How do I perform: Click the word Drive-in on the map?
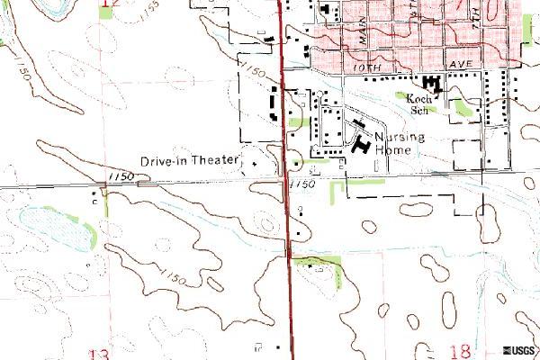[x=163, y=161]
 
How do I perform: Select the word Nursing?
[x=392, y=138]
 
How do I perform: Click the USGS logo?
[x=519, y=350]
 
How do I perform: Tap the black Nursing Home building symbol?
[x=361, y=142]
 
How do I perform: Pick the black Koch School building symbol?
[x=433, y=84]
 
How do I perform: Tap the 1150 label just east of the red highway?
[x=305, y=184]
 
